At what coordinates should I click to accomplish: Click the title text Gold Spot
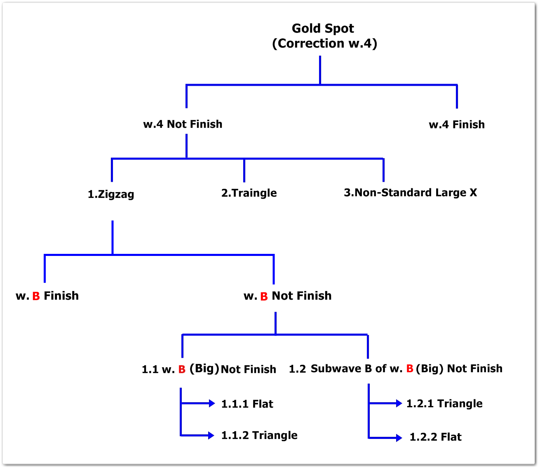323,28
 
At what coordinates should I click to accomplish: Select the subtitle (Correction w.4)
324,43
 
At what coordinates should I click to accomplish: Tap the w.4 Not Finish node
183,124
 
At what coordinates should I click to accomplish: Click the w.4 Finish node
457,124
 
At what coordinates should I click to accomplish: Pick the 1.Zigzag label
111,194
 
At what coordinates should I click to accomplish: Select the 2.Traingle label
249,193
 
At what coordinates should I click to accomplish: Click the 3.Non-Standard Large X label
410,192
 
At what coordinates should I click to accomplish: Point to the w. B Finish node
47,295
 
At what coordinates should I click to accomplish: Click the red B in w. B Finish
36,296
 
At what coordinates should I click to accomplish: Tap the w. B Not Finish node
288,295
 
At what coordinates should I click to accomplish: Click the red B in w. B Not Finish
264,296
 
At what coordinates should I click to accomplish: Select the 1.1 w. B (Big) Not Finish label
209,369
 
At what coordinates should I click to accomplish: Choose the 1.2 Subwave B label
395,368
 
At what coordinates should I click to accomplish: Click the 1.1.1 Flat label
247,404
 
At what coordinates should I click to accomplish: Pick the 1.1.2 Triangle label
259,435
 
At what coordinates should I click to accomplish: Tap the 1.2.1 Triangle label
444,403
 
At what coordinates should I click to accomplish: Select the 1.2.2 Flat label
435,437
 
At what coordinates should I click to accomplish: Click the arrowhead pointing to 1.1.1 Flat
212,403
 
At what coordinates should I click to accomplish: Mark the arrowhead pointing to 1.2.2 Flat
399,438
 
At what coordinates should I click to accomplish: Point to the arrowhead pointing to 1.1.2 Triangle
211,435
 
